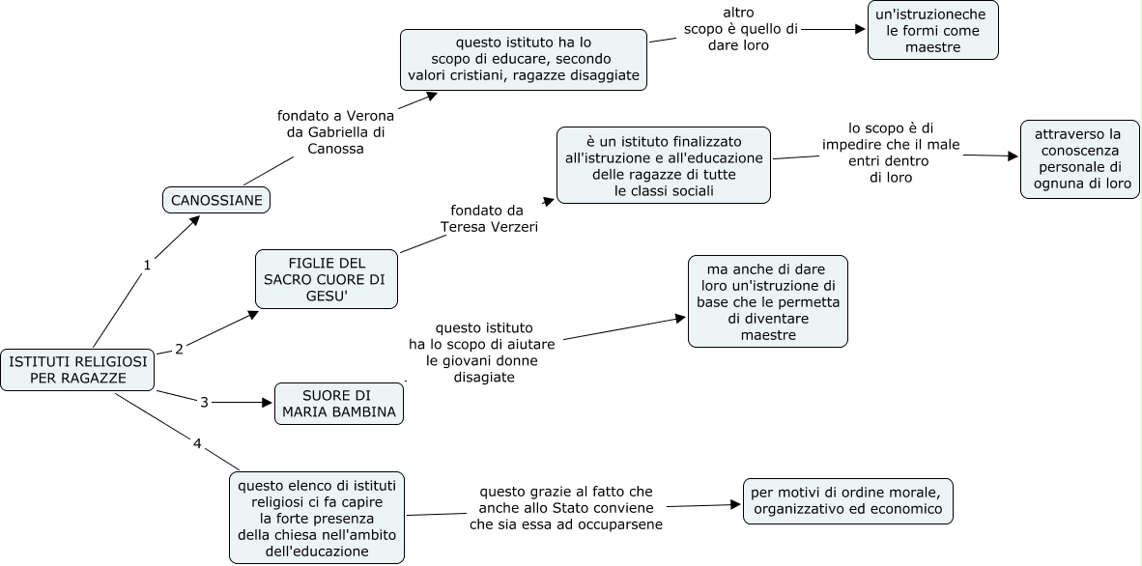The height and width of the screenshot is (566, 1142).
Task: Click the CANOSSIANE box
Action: coord(216,200)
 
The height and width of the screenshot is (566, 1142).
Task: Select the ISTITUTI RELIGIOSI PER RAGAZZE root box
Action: coord(78,369)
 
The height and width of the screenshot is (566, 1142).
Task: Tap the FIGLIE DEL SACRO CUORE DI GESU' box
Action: coord(326,279)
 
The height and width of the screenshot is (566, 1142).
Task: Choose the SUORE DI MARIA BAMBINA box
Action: coord(338,404)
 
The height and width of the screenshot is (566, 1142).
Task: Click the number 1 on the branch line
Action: coord(147,265)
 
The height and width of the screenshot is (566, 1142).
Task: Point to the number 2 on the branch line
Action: coord(179,348)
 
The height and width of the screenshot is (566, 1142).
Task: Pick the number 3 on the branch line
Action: coord(204,401)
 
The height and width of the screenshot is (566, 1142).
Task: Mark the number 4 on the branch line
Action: coord(197,444)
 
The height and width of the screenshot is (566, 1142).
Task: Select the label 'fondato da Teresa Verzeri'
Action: coord(489,218)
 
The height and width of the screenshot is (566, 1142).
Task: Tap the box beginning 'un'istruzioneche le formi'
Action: coord(933,30)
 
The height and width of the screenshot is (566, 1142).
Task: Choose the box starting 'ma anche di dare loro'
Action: coord(767,301)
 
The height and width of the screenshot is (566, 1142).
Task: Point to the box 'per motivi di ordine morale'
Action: coord(848,501)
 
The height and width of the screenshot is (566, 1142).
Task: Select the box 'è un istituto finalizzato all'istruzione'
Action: coord(663,165)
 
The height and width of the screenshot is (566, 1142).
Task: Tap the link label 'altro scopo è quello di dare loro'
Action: coord(740,28)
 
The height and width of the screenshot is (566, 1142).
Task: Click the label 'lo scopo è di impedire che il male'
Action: coord(891,153)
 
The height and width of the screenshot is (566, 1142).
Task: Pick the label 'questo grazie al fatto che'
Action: coord(565,508)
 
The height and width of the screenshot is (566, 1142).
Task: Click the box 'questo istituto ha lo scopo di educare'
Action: coord(523,60)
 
